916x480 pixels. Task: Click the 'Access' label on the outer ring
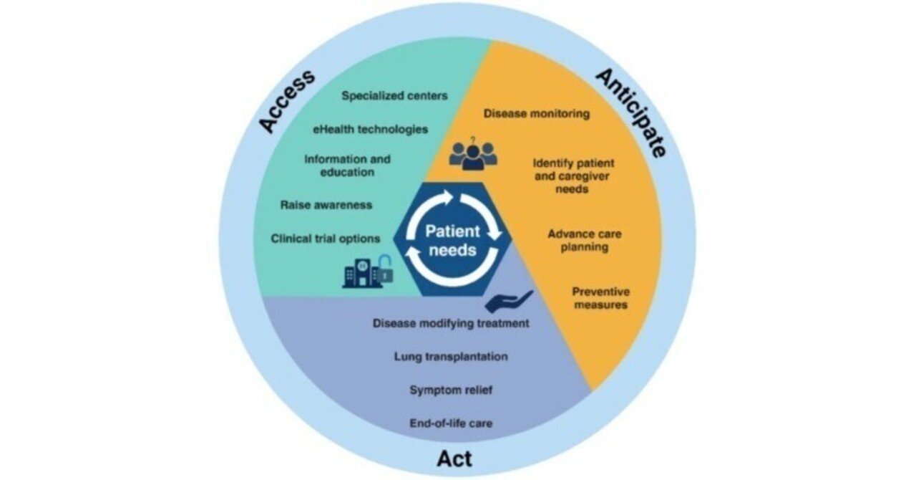coord(287,101)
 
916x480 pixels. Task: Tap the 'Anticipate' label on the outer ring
coord(632,113)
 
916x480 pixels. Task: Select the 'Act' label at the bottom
coord(454,459)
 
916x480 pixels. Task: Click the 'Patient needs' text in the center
coord(452,241)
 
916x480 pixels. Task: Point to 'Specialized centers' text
coord(394,96)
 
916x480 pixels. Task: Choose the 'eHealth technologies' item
coord(371,130)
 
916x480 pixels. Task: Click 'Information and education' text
coord(347,165)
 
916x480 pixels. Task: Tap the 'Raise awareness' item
coord(326,205)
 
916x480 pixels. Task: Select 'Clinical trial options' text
coord(326,239)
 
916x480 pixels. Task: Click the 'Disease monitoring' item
coord(537,113)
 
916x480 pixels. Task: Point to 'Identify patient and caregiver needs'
coord(573,176)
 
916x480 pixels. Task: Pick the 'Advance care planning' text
coord(585,241)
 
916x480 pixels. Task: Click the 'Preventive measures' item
coord(600,298)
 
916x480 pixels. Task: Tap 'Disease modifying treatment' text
coord(451,324)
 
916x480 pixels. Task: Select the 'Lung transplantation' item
coord(451,357)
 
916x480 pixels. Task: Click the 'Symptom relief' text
coord(451,390)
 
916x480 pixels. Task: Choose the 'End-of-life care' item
coord(451,423)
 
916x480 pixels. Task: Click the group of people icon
coord(473,155)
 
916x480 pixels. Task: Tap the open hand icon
coord(509,302)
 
